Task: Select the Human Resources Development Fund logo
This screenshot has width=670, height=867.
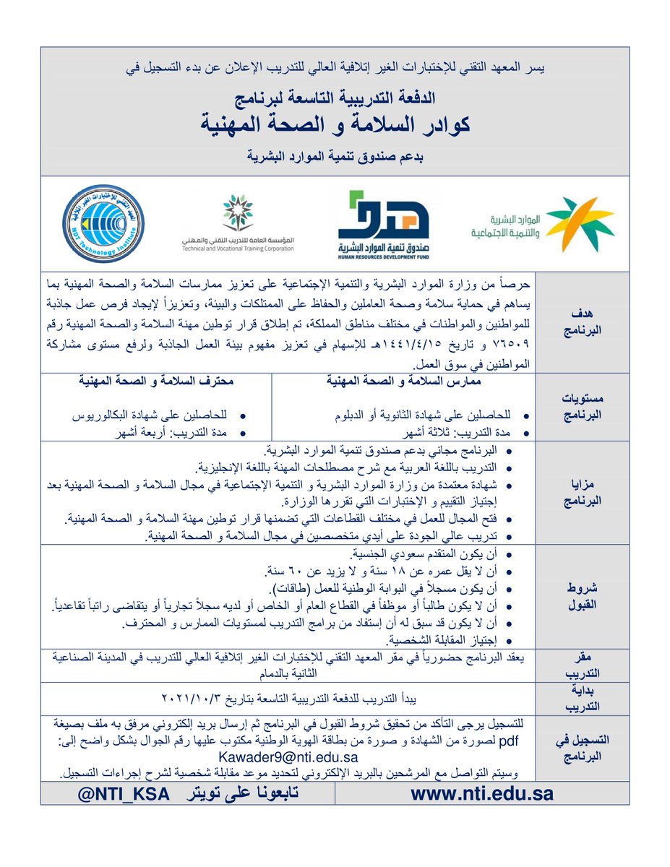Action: [383, 224]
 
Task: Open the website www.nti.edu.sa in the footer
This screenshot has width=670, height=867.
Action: [482, 793]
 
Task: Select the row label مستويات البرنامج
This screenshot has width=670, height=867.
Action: [577, 408]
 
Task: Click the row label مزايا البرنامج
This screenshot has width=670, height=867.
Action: [577, 493]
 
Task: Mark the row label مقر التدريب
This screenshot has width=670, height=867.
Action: [577, 664]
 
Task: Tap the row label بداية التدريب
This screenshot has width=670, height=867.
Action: [577, 699]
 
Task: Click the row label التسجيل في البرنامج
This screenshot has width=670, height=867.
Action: [577, 747]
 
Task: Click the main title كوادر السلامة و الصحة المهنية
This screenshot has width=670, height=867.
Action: [334, 123]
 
